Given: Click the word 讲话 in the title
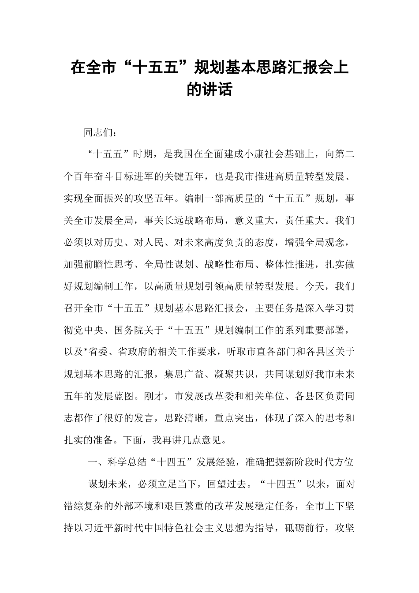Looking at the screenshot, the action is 221,90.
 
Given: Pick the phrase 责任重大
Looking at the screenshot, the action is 307,220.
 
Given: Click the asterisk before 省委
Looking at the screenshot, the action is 87,353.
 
